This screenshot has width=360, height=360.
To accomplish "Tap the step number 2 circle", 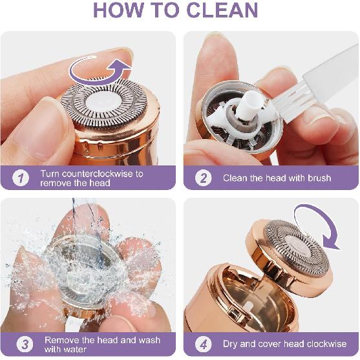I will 204,178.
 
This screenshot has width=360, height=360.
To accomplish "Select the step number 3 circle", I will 21,344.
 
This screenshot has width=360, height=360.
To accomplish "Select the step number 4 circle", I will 204,344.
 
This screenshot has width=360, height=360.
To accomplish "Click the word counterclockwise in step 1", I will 98,173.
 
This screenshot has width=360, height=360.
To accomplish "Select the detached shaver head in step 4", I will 291,249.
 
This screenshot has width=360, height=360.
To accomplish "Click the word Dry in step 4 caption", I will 232,344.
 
